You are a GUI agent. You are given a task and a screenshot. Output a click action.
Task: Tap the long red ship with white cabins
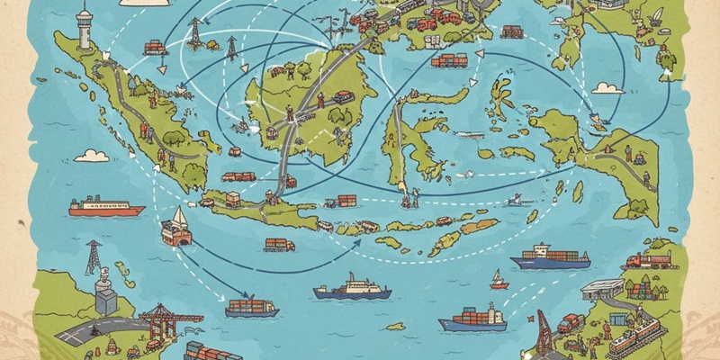(106, 208)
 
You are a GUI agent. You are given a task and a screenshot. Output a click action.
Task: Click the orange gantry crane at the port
(159, 319)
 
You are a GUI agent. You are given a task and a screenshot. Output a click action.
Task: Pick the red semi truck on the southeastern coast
(649, 261)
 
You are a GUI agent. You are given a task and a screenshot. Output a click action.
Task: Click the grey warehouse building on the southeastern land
(602, 289)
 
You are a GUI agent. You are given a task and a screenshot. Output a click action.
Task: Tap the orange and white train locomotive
(635, 337)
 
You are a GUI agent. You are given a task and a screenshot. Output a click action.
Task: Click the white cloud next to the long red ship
(91, 156)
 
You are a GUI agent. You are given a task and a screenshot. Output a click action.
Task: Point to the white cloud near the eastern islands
(608, 87)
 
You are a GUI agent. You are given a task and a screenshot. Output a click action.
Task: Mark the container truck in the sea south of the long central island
(279, 244)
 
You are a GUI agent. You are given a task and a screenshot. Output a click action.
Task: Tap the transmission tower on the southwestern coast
(93, 256)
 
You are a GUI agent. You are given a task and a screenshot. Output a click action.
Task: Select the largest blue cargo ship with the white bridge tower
(551, 258)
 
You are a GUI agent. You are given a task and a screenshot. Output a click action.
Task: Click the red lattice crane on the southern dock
(544, 333)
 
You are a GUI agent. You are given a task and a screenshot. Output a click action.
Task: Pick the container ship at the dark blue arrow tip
(251, 308)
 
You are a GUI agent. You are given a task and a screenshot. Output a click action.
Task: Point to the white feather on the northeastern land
(656, 16)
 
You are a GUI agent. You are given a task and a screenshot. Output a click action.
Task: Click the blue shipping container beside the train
(618, 319)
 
